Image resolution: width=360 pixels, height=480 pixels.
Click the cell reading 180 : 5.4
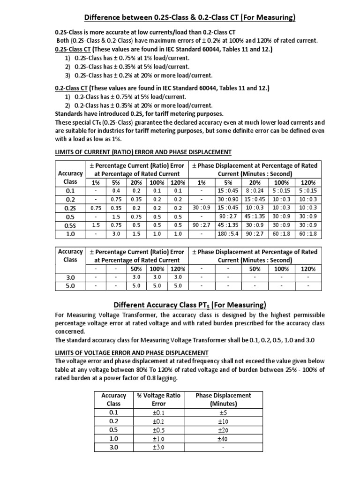click(x=228, y=233)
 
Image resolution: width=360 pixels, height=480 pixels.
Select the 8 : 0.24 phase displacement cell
click(x=255, y=191)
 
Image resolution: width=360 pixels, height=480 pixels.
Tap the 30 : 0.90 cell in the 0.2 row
click(x=228, y=199)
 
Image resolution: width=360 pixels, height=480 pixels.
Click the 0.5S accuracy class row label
click(x=70, y=225)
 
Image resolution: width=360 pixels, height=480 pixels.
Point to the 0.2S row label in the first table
click(x=70, y=208)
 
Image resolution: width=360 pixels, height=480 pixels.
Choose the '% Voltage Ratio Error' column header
click(x=158, y=399)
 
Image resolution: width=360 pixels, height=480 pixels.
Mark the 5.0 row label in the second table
click(x=70, y=285)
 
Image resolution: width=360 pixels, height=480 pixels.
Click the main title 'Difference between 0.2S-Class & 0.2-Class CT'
click(x=189, y=18)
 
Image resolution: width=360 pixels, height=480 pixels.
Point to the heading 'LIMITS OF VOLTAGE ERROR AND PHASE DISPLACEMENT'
click(x=132, y=352)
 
